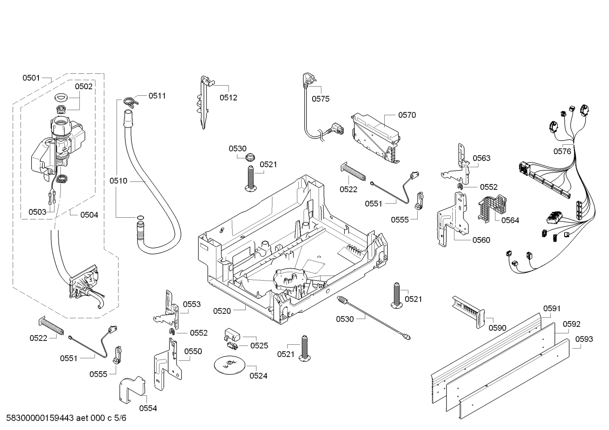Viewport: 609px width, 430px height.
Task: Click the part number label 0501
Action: [31, 78]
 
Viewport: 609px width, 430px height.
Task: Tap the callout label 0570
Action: [407, 115]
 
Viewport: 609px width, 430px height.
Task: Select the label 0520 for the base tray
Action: [222, 311]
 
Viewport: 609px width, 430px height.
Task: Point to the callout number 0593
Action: [584, 339]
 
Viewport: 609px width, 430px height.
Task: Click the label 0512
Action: [228, 98]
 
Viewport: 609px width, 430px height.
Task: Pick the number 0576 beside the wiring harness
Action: [562, 151]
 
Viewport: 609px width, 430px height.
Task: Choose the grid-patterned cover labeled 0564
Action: [492, 208]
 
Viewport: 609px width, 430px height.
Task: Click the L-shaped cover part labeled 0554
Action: [132, 389]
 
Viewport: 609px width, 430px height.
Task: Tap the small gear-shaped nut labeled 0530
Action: [249, 157]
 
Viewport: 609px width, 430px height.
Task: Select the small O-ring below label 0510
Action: [140, 217]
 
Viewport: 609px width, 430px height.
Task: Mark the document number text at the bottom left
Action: [66, 418]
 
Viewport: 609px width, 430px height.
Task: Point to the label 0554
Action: [148, 408]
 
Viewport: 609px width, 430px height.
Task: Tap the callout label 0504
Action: [89, 215]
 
